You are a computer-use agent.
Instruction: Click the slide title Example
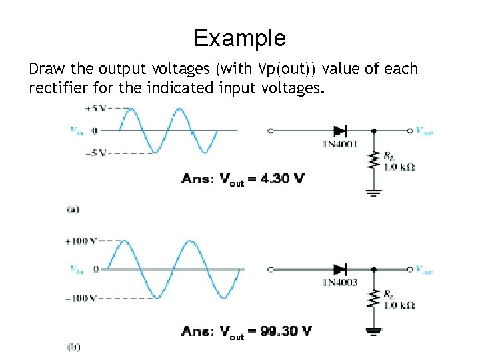tap(239, 38)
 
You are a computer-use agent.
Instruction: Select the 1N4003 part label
tap(340, 283)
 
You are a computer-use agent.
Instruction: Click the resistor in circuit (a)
tap(373, 161)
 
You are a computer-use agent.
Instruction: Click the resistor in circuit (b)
tap(373, 300)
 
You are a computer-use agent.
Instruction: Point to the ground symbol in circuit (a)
tap(373, 193)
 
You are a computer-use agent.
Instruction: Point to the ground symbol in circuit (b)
tap(373, 331)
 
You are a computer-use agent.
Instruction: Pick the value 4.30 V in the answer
tap(281, 179)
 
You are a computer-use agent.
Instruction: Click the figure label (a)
tap(73, 209)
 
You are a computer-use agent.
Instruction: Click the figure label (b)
tap(73, 347)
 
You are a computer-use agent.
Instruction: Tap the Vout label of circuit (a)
tap(424, 131)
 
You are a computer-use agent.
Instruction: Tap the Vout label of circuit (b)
tap(424, 269)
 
